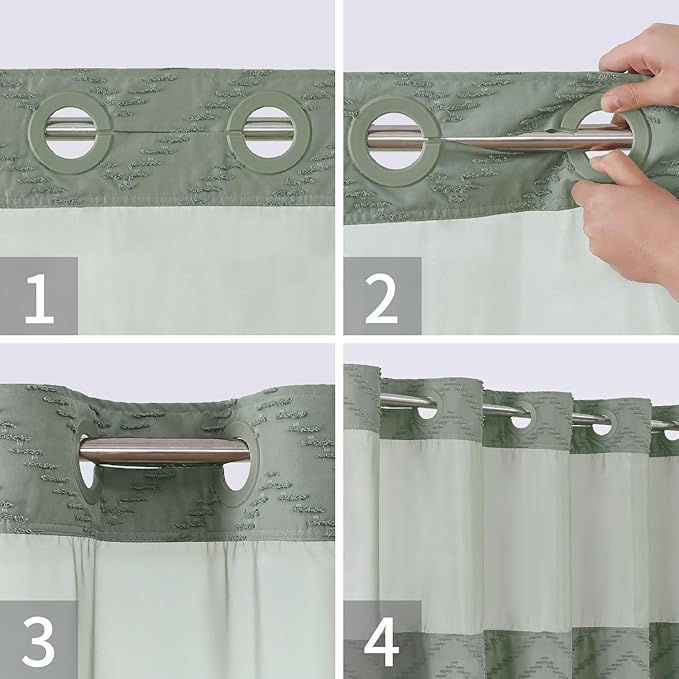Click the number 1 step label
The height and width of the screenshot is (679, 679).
(x=39, y=296)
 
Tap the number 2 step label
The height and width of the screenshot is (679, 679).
(x=382, y=296)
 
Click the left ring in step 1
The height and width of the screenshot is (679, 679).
(x=70, y=129)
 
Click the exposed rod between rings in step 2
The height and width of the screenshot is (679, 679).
(x=500, y=142)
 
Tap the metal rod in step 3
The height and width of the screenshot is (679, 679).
(x=165, y=452)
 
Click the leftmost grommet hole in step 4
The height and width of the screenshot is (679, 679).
(x=428, y=409)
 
